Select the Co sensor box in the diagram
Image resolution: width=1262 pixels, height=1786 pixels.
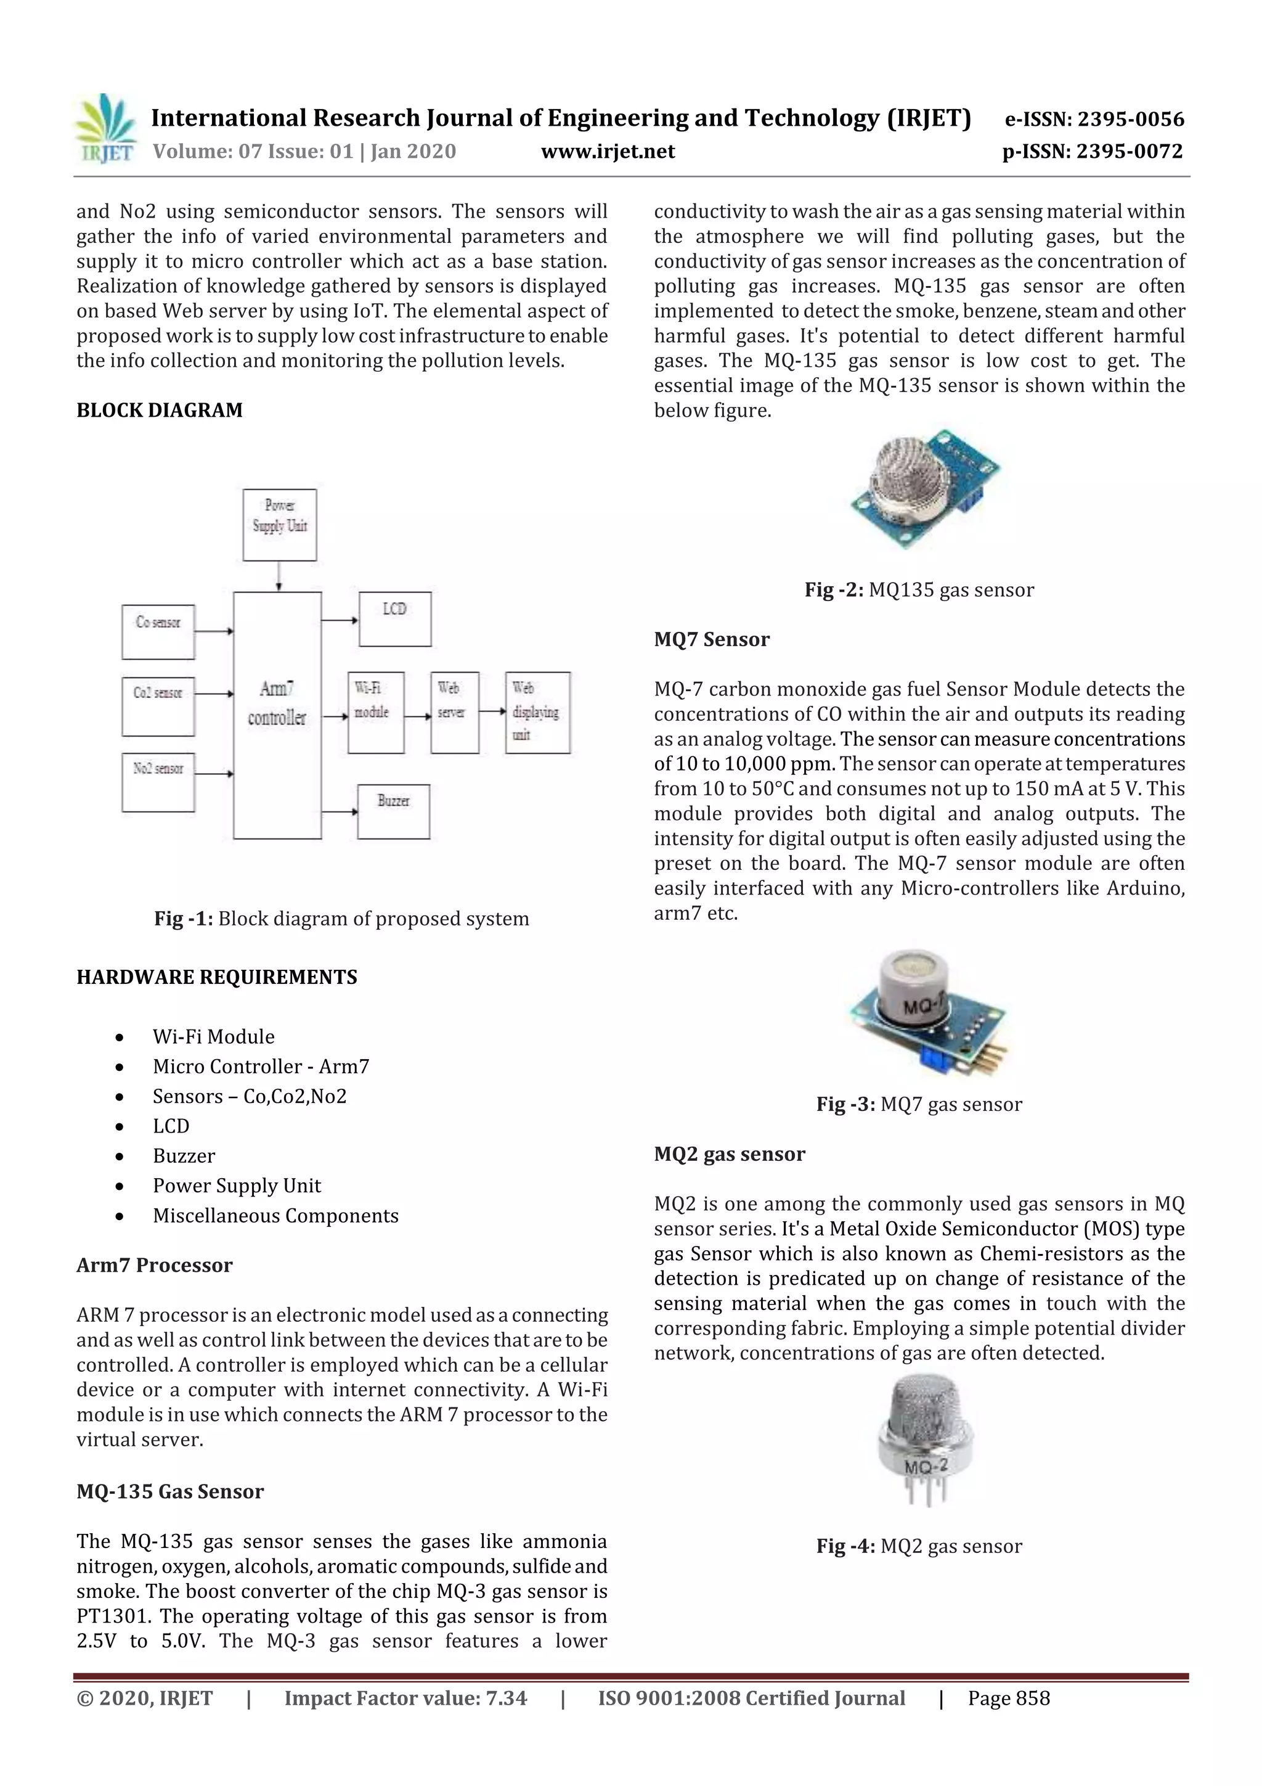tap(158, 632)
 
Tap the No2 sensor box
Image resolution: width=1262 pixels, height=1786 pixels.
tap(158, 781)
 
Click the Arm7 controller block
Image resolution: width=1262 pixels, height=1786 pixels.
tap(277, 715)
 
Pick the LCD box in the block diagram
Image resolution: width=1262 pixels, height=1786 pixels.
tap(395, 618)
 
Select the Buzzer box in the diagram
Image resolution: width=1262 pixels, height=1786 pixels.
tap(394, 811)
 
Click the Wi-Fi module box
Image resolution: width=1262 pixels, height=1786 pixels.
tap(375, 712)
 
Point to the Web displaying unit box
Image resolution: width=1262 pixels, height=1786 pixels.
tap(537, 712)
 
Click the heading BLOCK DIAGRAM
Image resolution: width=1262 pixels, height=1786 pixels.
tap(160, 410)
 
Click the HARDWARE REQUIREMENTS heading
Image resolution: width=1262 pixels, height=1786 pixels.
tap(216, 977)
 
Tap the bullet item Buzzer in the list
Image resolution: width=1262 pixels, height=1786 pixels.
tap(184, 1156)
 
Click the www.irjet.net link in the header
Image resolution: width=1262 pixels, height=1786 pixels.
tap(608, 151)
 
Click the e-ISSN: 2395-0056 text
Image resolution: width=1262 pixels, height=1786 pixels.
tap(1094, 119)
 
